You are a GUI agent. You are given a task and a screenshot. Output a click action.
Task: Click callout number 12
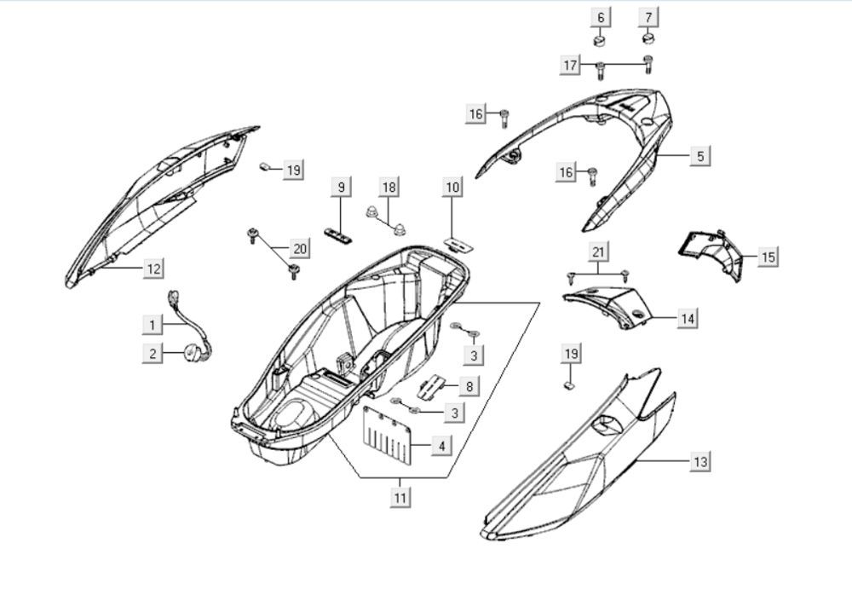point(153,269)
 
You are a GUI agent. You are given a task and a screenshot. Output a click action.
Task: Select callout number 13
point(699,461)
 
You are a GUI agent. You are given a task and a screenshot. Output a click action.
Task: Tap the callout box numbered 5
point(699,156)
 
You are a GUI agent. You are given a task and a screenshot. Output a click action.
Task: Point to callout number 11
point(400,497)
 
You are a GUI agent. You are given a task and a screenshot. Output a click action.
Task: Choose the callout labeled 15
point(769,256)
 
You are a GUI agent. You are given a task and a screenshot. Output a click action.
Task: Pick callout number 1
point(153,324)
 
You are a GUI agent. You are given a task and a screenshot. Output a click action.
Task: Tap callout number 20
point(299,249)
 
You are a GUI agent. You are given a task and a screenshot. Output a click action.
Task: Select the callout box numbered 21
point(597,251)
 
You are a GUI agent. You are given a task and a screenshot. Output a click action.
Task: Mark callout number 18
point(389,187)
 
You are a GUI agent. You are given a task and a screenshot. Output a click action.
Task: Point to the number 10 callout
point(452,186)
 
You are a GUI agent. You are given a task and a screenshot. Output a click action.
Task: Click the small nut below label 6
point(599,39)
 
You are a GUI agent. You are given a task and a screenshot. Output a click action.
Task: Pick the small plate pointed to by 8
point(432,386)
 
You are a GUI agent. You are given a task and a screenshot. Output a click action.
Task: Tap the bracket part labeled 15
point(711,251)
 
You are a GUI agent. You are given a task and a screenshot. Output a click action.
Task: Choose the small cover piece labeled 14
point(607,303)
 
